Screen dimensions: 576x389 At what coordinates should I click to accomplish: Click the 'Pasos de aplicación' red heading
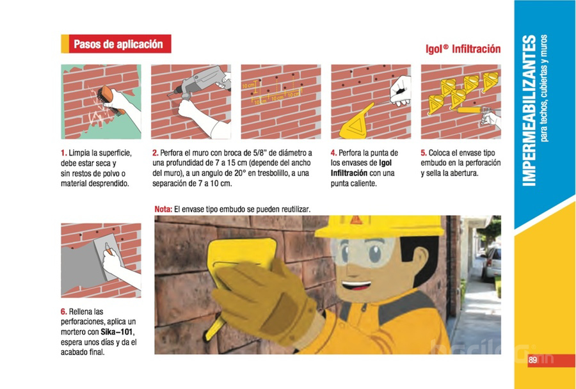coord(118,44)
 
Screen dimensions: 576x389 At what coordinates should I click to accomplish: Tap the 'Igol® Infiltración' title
coord(463,49)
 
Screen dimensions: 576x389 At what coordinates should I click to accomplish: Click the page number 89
coord(532,360)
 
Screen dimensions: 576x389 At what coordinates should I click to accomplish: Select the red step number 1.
coord(63,153)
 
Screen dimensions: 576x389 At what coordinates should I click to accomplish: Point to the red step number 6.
coord(64,312)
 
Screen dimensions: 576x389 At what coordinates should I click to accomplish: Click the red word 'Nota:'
coord(163,209)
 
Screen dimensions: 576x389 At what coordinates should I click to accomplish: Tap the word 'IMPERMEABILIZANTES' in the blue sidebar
coord(529,111)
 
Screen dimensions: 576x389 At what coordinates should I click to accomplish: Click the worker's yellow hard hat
coord(379,226)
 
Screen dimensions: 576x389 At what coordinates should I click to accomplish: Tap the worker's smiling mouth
coord(356,285)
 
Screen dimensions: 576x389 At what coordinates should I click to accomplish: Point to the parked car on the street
coord(492,263)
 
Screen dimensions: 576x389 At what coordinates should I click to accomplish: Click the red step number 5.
coord(424,153)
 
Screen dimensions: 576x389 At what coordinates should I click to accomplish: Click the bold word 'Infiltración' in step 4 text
coord(349,173)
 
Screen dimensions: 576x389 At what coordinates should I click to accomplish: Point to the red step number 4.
coord(333,153)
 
